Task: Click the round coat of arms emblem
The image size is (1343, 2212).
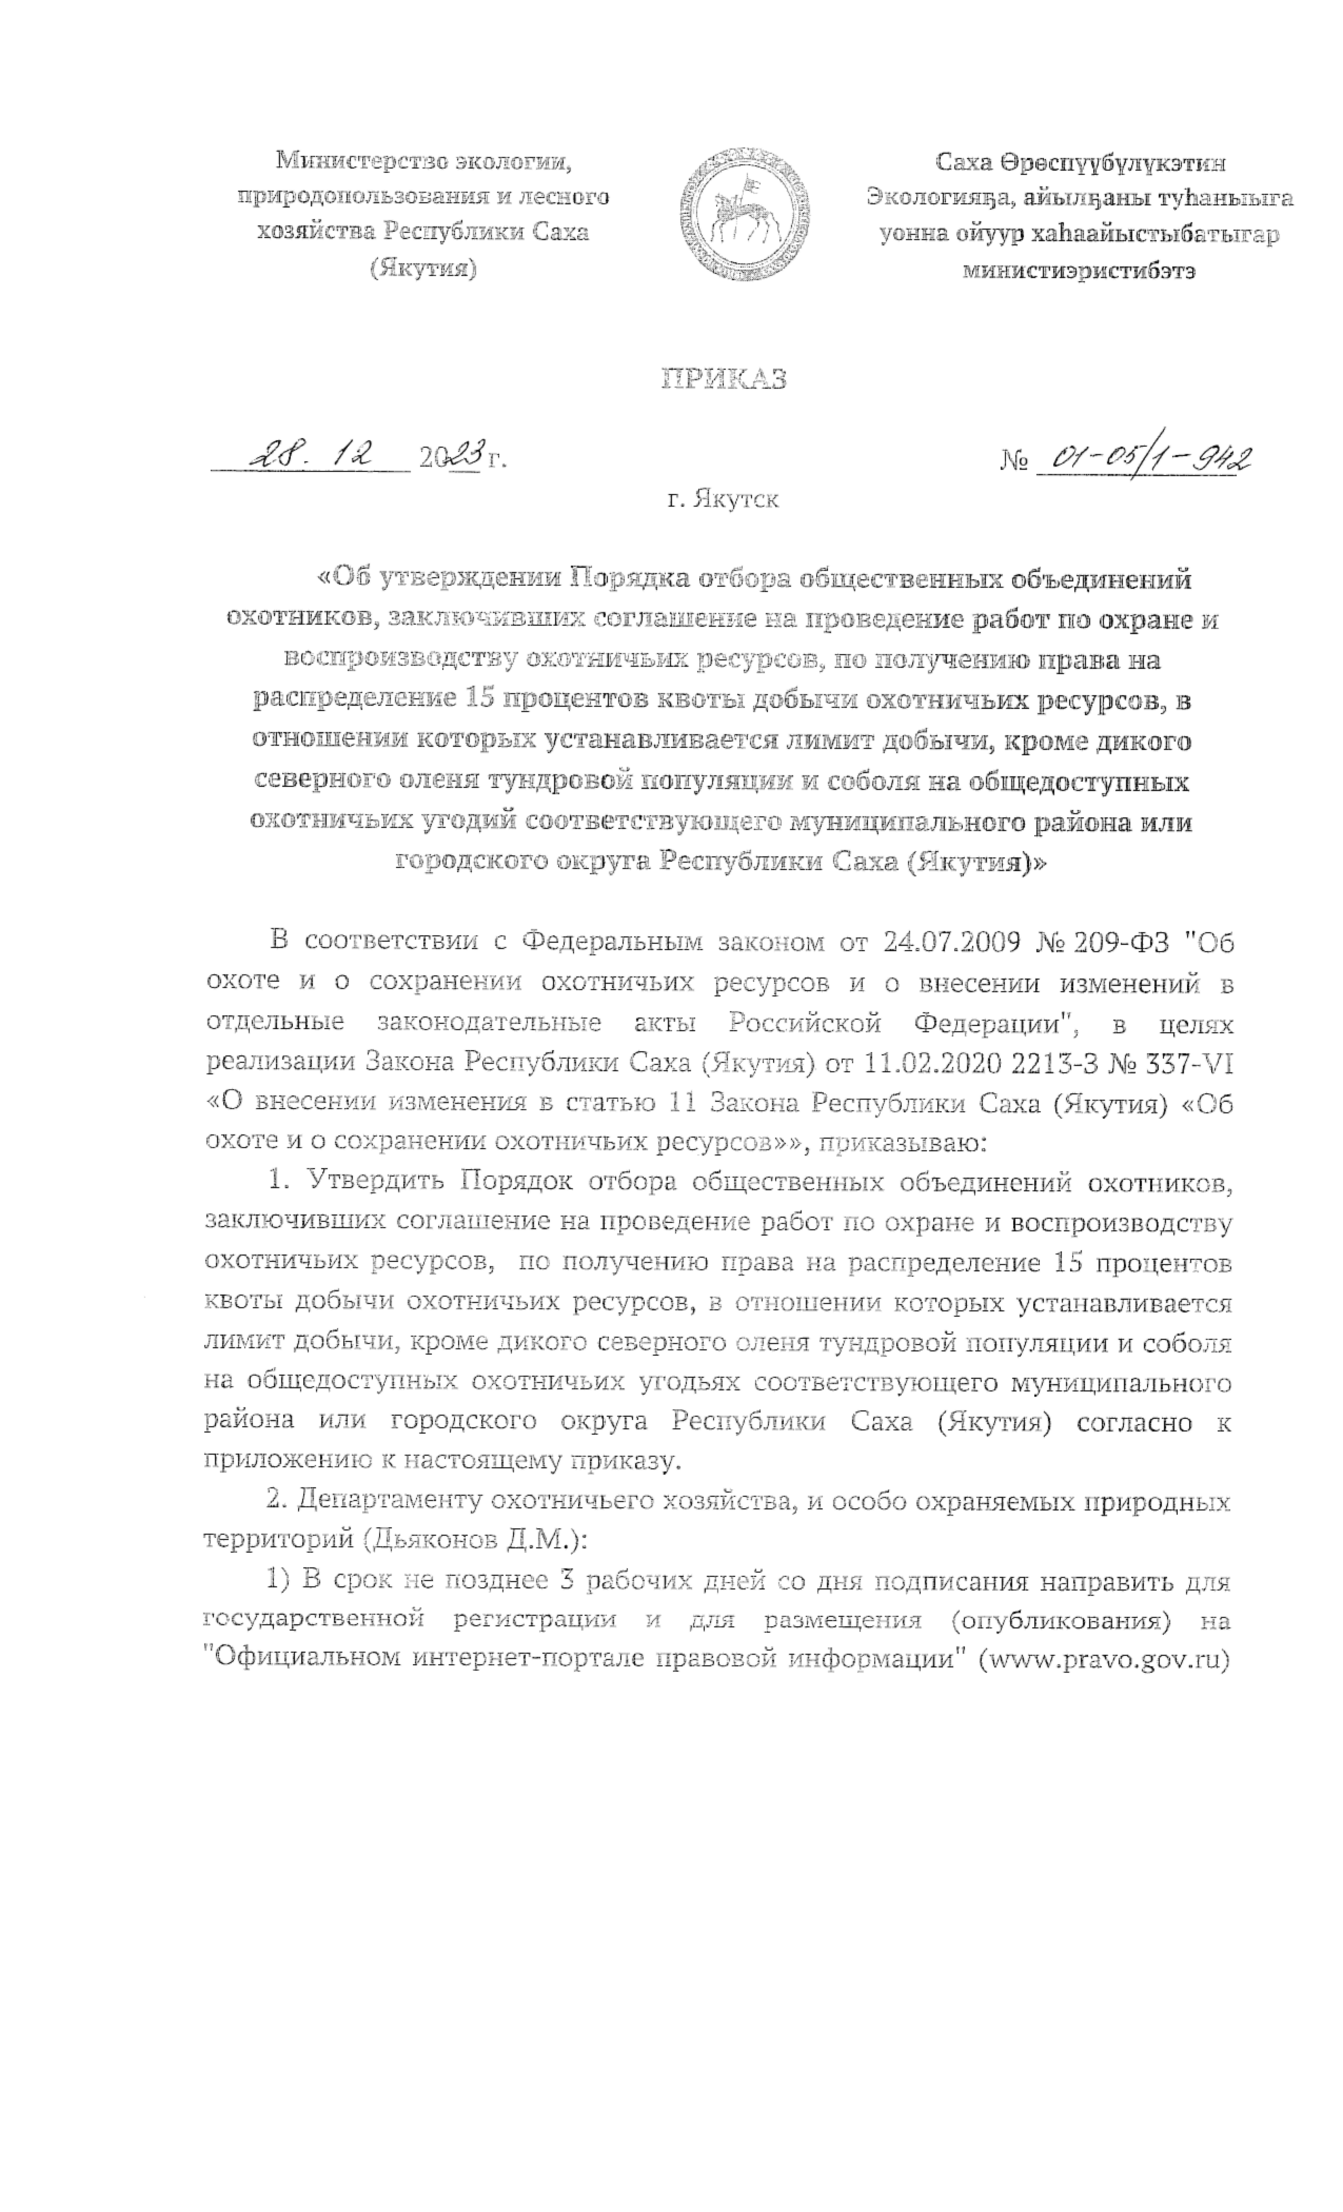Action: click(x=744, y=214)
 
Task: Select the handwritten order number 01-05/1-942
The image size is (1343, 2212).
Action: click(x=1143, y=458)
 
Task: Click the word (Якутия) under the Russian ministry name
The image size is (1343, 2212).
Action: click(x=423, y=268)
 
